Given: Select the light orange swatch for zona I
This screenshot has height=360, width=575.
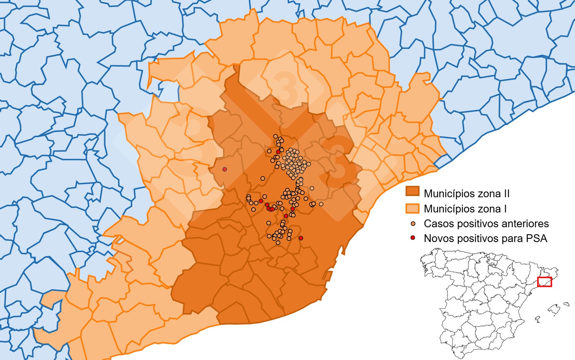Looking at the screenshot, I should [x=412, y=208].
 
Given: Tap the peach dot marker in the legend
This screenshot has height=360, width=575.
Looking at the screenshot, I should [x=413, y=224].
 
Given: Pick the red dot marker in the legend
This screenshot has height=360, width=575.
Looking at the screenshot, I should [x=413, y=238].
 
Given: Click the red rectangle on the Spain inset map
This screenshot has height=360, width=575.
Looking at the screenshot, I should [x=545, y=282].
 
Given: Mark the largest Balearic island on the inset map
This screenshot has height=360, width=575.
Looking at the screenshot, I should [x=554, y=309].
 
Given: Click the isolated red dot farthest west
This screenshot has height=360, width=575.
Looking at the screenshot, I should [x=225, y=169].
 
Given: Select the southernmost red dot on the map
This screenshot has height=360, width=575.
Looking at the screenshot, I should [x=301, y=238].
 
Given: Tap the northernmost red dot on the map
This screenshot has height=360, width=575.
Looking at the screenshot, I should [x=278, y=152].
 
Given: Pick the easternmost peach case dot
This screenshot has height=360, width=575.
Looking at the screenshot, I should [x=321, y=204].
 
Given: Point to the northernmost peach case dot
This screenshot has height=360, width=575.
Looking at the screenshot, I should [x=276, y=136].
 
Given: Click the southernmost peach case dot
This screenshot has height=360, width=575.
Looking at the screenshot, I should [x=278, y=242].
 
